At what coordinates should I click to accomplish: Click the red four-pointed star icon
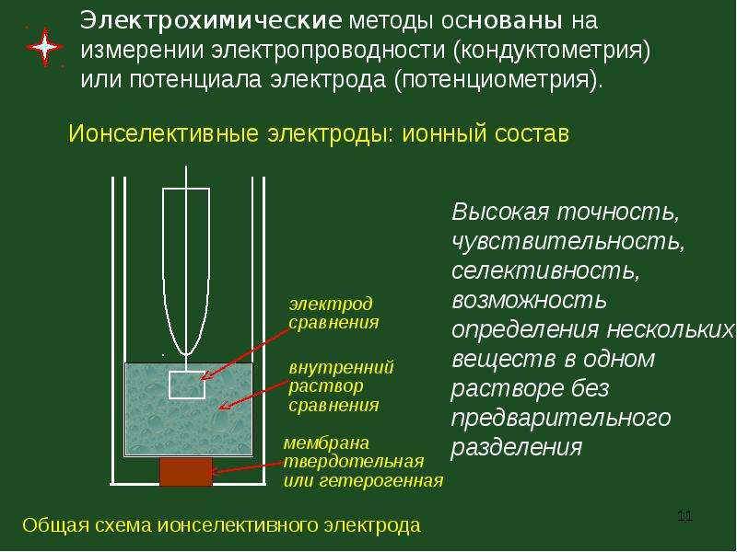(44, 47)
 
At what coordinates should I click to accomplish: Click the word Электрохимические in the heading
(211, 20)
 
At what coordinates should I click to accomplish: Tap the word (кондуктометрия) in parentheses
(552, 52)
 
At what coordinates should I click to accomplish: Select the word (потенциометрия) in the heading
(498, 80)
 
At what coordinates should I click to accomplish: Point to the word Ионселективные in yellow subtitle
(164, 133)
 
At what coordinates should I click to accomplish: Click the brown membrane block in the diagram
(186, 472)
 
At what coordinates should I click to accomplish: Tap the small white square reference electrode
(187, 385)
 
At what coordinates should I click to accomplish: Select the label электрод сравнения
(333, 313)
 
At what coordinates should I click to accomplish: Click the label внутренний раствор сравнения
(341, 385)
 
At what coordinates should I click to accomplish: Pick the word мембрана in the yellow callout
(327, 443)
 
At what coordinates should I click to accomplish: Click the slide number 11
(684, 516)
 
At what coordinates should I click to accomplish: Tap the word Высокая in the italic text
(500, 213)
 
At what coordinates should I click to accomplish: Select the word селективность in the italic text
(545, 270)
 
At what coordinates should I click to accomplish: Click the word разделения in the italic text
(517, 447)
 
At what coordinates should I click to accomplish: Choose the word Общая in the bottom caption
(55, 525)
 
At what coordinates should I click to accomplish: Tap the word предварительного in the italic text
(561, 419)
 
